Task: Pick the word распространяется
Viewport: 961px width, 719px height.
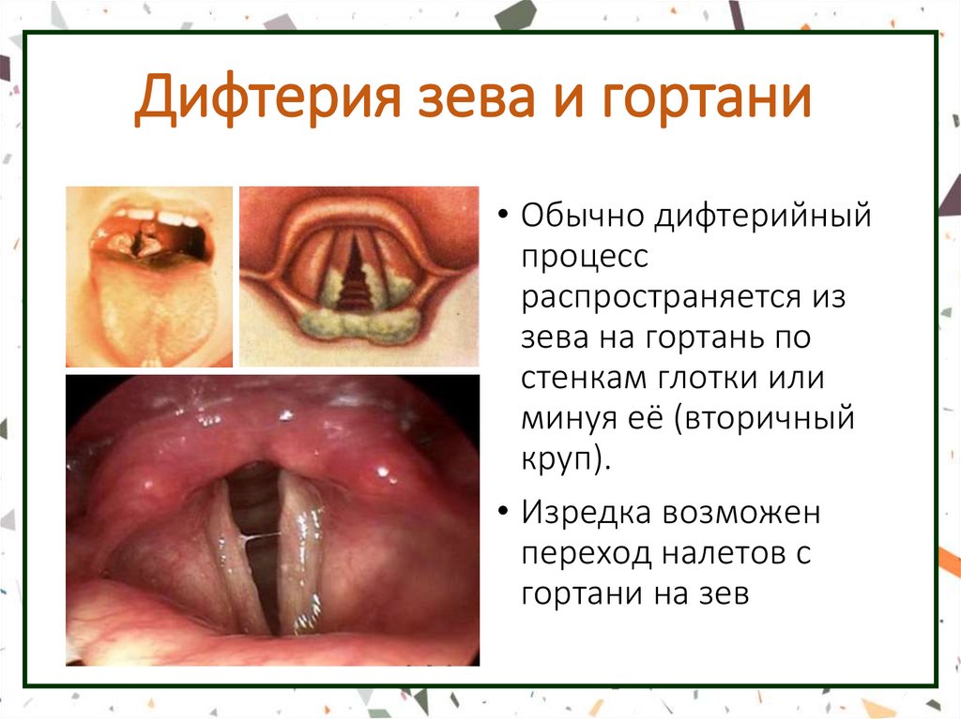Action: tap(661, 298)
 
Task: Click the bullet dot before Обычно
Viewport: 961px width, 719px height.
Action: tap(504, 217)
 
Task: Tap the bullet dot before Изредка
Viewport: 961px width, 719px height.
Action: tap(504, 514)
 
